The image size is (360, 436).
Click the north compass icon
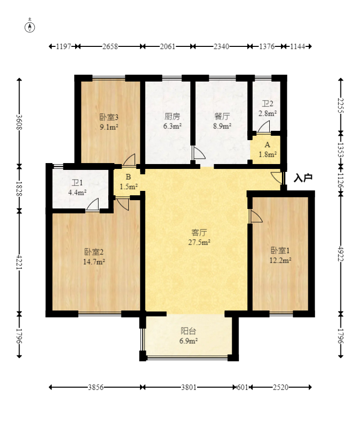[30, 27]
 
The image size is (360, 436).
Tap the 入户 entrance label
[303, 178]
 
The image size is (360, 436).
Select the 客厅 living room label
[200, 232]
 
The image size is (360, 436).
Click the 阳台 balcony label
[189, 331]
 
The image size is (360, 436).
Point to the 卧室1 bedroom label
[280, 250]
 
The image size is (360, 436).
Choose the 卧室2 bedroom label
[94, 252]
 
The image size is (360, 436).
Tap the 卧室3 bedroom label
[109, 117]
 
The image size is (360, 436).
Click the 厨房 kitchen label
[172, 116]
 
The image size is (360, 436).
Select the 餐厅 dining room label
[222, 116]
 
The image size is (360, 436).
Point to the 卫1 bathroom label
[77, 183]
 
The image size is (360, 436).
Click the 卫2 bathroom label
[267, 104]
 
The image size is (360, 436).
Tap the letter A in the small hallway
[267, 145]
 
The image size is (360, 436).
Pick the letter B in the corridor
[128, 177]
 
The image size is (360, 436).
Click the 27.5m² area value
[199, 242]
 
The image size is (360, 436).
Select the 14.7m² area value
[94, 262]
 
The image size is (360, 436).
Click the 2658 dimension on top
[110, 46]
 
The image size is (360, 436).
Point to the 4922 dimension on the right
[341, 254]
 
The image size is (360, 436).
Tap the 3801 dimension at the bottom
[189, 387]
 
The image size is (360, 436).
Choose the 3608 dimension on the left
[19, 122]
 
